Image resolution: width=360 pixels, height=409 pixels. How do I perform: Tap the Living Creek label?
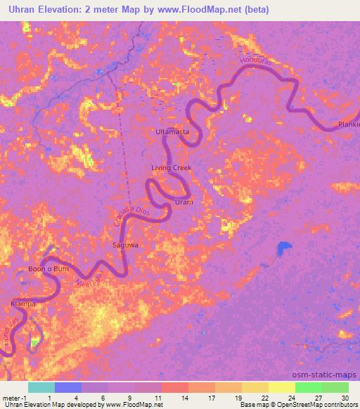click(172, 168)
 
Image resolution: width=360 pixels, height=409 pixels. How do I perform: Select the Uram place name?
click(184, 202)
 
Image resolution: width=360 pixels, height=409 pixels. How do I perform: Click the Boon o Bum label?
click(48, 269)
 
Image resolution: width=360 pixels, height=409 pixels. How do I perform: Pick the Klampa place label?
click(23, 304)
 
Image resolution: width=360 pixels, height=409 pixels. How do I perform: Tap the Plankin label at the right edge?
click(348, 124)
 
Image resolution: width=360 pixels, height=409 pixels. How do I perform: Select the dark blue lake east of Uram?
click(283, 248)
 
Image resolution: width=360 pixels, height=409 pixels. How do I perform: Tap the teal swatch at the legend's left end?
click(41, 387)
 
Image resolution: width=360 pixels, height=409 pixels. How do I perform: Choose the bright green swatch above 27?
click(308, 387)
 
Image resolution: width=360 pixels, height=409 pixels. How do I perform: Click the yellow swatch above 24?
click(281, 387)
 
